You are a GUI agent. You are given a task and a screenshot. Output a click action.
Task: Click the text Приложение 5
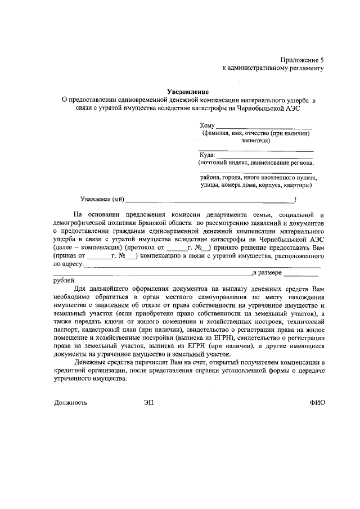(303, 60)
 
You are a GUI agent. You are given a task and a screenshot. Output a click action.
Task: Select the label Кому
(207, 125)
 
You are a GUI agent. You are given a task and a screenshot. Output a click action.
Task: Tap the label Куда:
(208, 155)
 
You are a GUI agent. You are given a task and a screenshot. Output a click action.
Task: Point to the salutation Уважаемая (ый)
(101, 199)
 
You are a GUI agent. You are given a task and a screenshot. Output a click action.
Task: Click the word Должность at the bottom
(70, 403)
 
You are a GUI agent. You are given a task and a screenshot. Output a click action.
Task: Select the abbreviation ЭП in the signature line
(148, 403)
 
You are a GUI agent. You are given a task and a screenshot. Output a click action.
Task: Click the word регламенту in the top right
(307, 68)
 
